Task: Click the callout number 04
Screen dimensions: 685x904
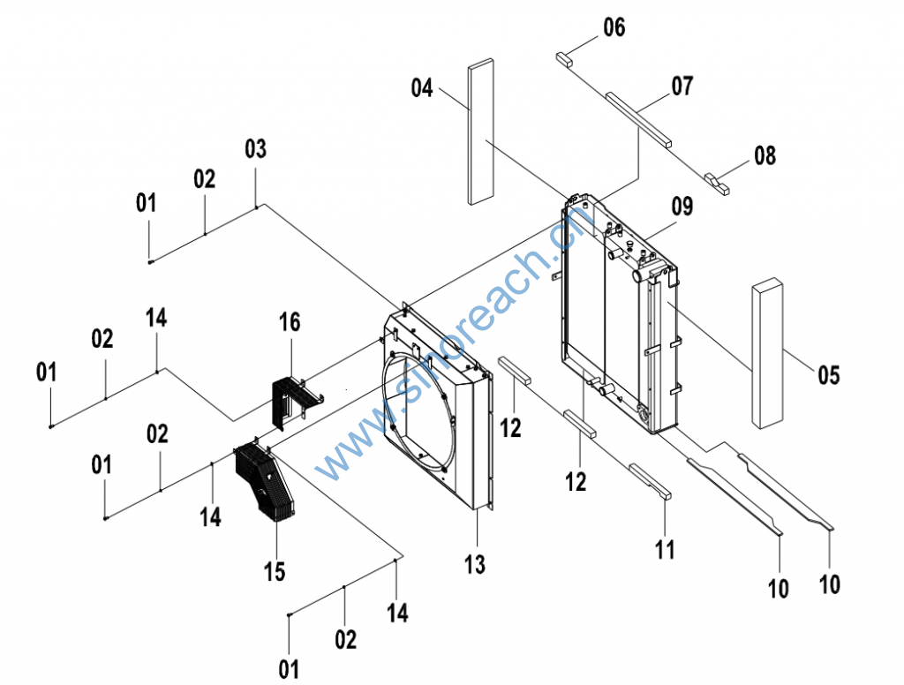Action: click(x=422, y=88)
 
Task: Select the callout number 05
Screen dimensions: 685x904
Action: click(x=828, y=375)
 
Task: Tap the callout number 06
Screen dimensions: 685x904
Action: click(x=614, y=28)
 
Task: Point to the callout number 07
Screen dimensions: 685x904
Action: click(x=682, y=87)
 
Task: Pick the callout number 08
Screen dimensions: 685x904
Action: click(x=765, y=156)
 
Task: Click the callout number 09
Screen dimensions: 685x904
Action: click(x=682, y=207)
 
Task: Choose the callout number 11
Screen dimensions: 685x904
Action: click(x=665, y=549)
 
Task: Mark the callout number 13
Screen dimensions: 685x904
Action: click(x=475, y=564)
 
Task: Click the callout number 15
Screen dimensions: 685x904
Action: click(x=275, y=571)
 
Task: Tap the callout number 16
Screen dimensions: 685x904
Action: click(x=290, y=322)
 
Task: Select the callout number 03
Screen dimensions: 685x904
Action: click(x=255, y=149)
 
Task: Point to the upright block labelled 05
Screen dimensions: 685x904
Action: click(x=767, y=353)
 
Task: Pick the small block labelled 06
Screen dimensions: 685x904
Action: click(x=564, y=59)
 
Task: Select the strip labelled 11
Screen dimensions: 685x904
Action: click(x=651, y=481)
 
